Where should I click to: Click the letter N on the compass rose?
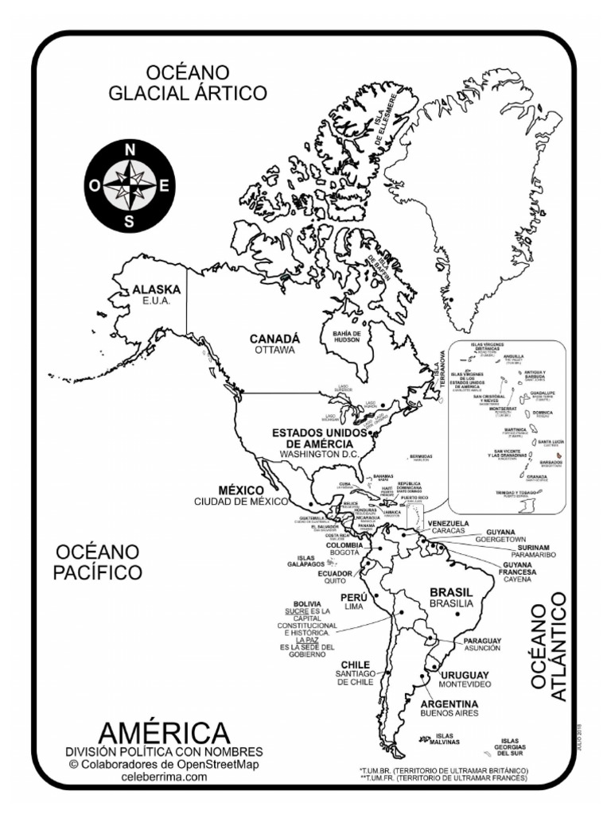130,149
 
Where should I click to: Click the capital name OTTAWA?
274,350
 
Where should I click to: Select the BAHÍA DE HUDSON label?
347,336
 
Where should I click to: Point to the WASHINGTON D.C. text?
319,454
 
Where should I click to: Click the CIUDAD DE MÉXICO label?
240,502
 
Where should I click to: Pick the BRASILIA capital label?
451,604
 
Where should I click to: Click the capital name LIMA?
353,606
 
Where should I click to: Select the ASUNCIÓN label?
482,648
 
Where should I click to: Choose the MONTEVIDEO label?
465,684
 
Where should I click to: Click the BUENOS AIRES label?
449,715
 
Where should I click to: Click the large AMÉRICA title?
164,732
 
